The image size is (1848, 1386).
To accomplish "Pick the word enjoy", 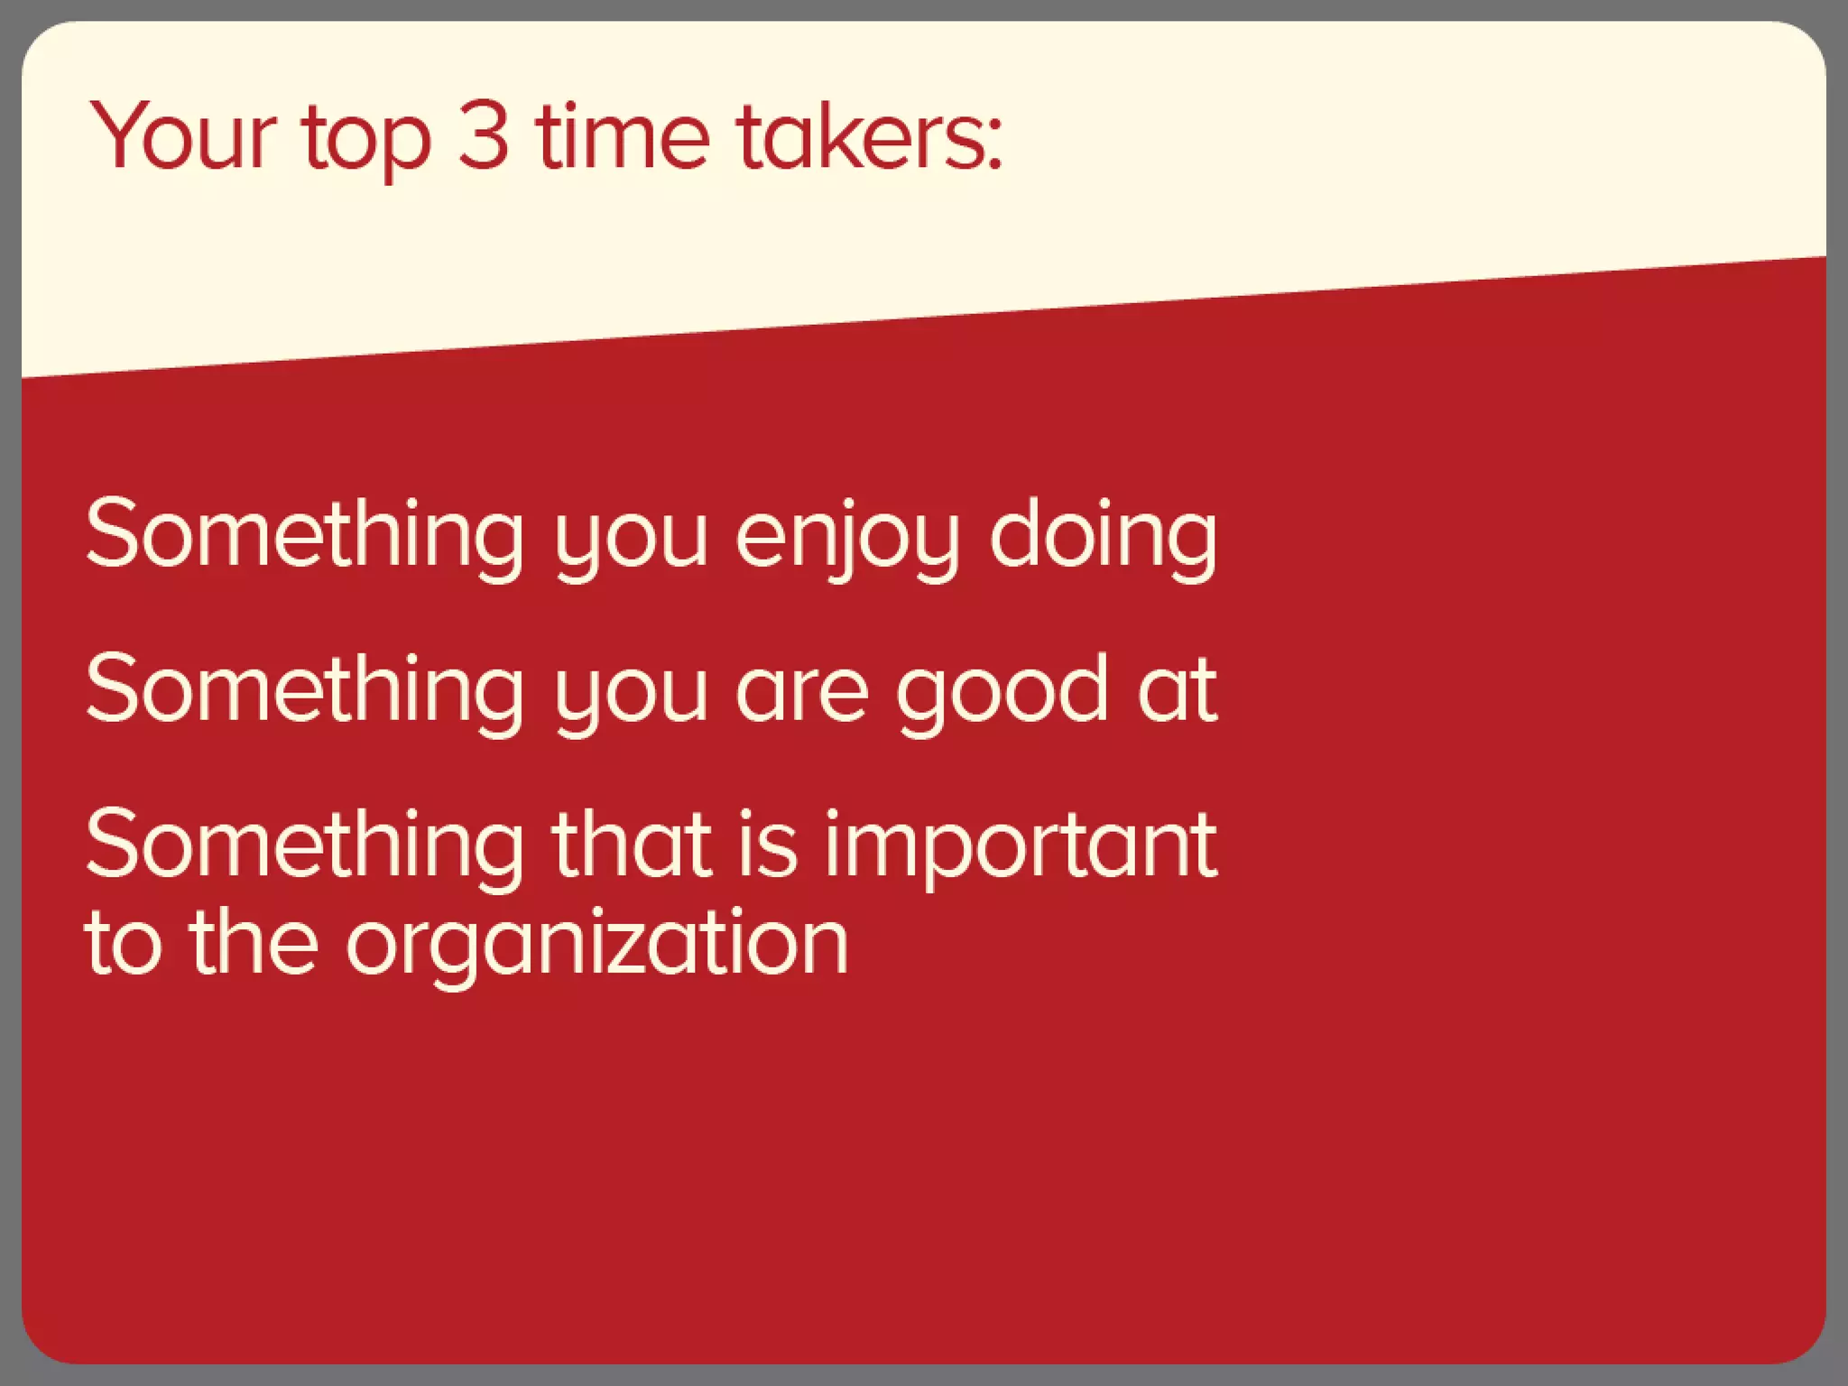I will pos(845,537).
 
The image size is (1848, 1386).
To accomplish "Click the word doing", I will pos(1103,537).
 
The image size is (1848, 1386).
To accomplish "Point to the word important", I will pos(1021,846).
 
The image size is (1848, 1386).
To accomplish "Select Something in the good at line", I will pos(304,689).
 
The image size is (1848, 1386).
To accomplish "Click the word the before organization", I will pos(254,942).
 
